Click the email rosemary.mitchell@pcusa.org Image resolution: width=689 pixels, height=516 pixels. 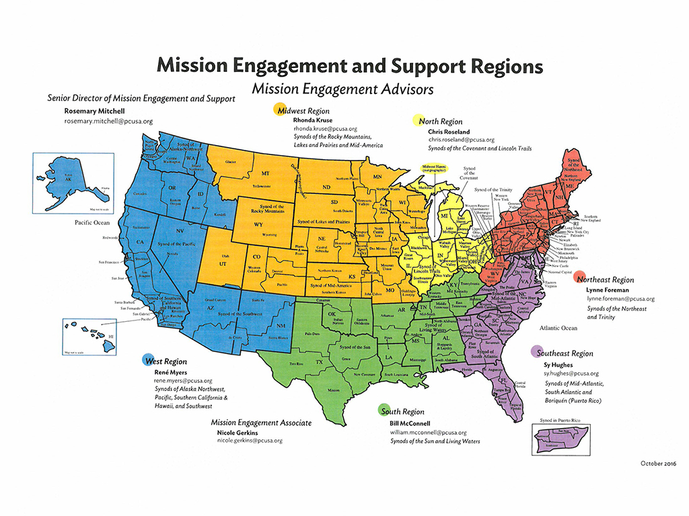[108, 122]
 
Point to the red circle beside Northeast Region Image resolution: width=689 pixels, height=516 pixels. [579, 278]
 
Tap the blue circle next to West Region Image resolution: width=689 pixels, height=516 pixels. [146, 360]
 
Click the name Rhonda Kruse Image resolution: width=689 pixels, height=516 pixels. [313, 120]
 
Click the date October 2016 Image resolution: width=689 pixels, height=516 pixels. [657, 464]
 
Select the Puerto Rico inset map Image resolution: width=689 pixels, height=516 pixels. [553, 440]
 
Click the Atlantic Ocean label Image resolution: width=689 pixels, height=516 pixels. [558, 328]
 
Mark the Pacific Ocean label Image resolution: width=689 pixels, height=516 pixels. [92, 222]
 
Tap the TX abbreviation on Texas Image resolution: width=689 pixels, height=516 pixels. [320, 361]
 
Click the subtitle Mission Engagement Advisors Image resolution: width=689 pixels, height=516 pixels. [342, 88]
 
